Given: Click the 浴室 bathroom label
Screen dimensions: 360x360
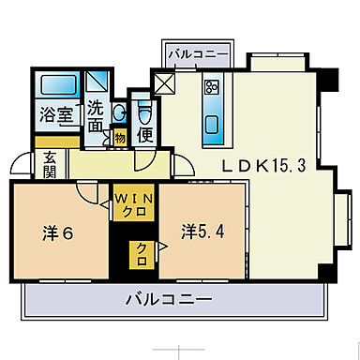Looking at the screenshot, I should tap(55, 115).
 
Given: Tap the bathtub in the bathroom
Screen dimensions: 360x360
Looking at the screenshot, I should tap(58, 85).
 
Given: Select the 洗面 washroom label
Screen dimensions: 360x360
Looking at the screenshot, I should tap(97, 115).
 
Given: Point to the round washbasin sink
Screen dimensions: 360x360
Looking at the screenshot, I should tap(117, 113).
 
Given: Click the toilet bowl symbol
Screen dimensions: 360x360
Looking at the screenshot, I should tap(144, 112).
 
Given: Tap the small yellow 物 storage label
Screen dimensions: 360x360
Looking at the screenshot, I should tap(119, 138).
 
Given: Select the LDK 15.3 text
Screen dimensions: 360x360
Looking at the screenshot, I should tap(262, 165).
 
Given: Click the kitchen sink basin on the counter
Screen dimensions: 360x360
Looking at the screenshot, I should tap(211, 124).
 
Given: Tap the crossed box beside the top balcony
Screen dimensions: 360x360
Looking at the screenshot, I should tap(164, 83).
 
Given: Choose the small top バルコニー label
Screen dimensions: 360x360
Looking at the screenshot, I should tap(199, 54).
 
